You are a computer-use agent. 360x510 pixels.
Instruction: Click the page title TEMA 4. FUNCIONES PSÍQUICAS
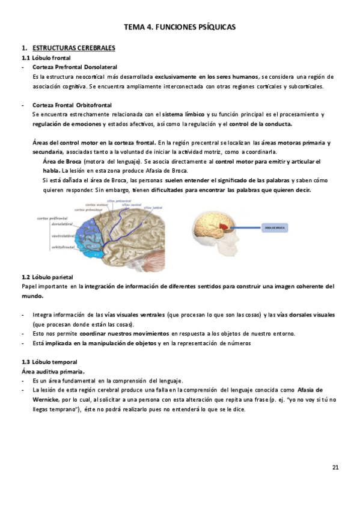(x=180, y=27)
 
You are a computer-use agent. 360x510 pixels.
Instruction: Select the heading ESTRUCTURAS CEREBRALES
(x=74, y=48)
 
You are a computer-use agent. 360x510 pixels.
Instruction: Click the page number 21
(x=335, y=467)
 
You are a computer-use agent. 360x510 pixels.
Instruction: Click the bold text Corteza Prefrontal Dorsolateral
(x=75, y=67)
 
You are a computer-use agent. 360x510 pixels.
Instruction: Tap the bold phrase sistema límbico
(x=184, y=114)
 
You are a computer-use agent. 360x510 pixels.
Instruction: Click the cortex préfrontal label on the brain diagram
(x=51, y=218)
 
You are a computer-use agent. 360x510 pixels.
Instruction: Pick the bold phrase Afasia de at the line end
(x=310, y=390)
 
